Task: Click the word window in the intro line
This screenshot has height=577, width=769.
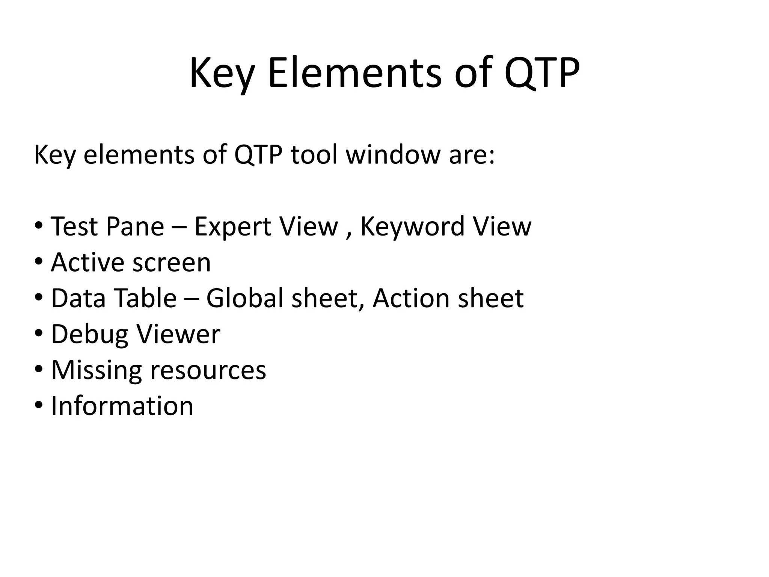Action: pos(393,154)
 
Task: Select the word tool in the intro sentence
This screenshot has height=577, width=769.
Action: pos(314,154)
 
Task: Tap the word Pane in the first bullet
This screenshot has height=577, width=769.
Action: pos(135,227)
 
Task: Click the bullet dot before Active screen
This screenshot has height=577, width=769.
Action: pos(39,261)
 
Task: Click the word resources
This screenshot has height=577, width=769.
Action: pos(208,370)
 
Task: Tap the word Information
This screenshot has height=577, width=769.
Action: pos(122,406)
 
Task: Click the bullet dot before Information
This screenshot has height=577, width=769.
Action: pos(39,405)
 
